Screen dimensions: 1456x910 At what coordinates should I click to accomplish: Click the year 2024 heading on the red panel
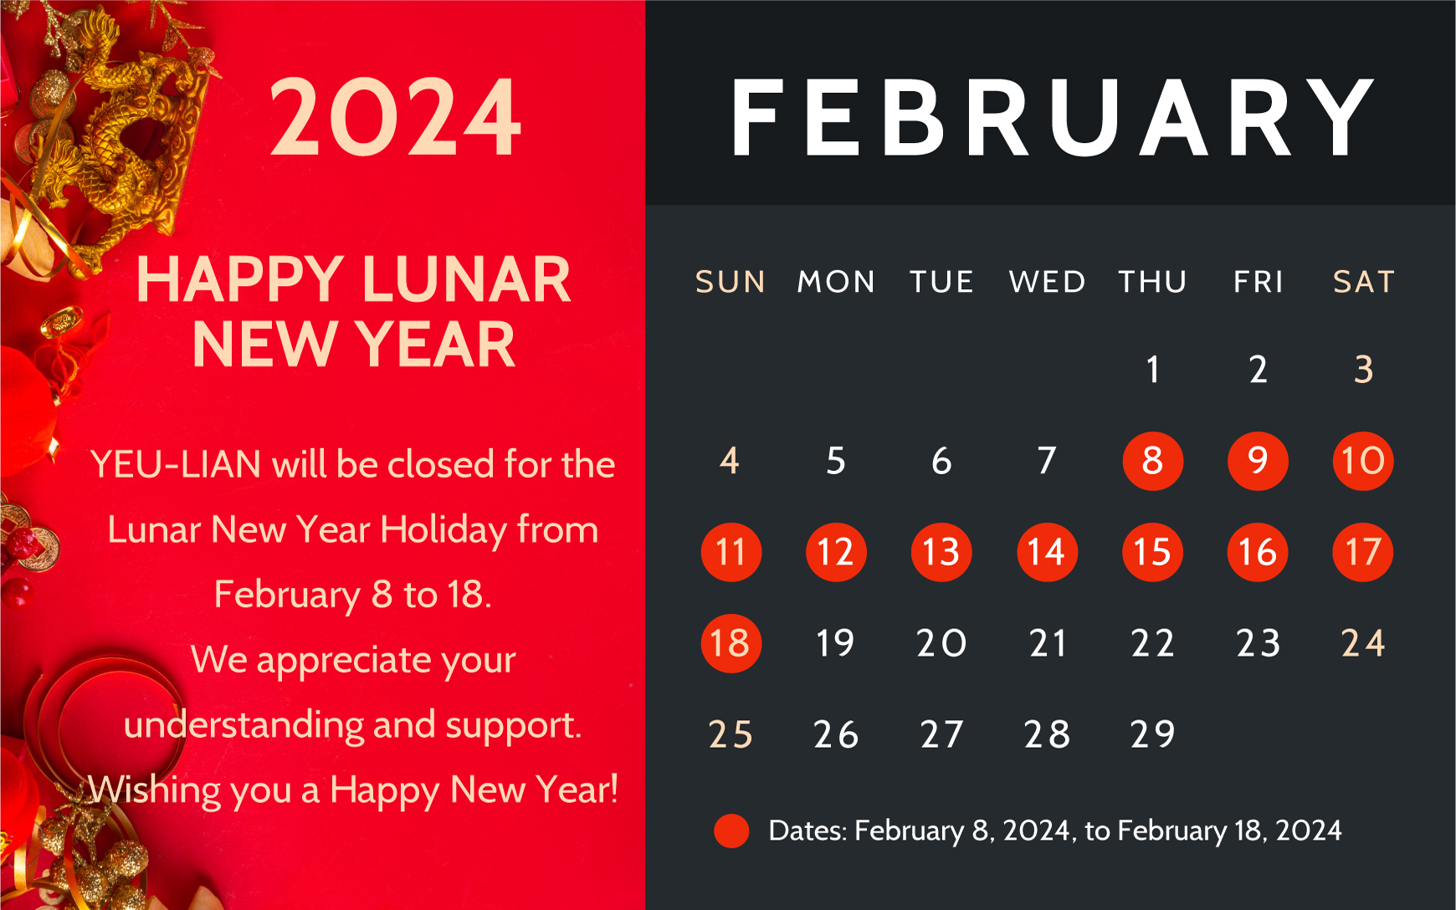coord(395,117)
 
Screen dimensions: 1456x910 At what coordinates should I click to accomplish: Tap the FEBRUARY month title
coord(1052,118)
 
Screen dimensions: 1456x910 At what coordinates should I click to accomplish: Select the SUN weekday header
coord(731,282)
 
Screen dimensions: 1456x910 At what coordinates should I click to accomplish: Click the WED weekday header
coord(1047,282)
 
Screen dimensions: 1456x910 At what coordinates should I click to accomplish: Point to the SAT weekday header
coord(1364,282)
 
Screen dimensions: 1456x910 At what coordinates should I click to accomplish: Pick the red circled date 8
coord(1152,461)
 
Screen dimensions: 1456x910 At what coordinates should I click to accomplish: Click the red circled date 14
coord(1047,552)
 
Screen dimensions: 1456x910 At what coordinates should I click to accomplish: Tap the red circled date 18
coord(731,643)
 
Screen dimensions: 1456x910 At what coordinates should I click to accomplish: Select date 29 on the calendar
coord(1152,734)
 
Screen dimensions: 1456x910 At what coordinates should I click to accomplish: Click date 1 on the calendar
coord(1153,370)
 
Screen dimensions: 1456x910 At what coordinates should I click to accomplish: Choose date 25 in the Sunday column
coord(731,734)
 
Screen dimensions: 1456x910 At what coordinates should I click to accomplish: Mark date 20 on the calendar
coord(941,643)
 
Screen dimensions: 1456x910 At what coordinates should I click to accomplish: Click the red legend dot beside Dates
coord(731,831)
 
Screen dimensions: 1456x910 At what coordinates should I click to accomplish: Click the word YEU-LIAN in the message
coord(175,464)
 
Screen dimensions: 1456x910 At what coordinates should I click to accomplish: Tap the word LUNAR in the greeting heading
coord(467,279)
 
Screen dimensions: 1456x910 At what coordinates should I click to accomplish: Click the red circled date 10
coord(1363,461)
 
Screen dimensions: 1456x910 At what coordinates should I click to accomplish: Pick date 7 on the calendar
coord(1047,461)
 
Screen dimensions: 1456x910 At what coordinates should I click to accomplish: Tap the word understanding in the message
coord(243,724)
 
